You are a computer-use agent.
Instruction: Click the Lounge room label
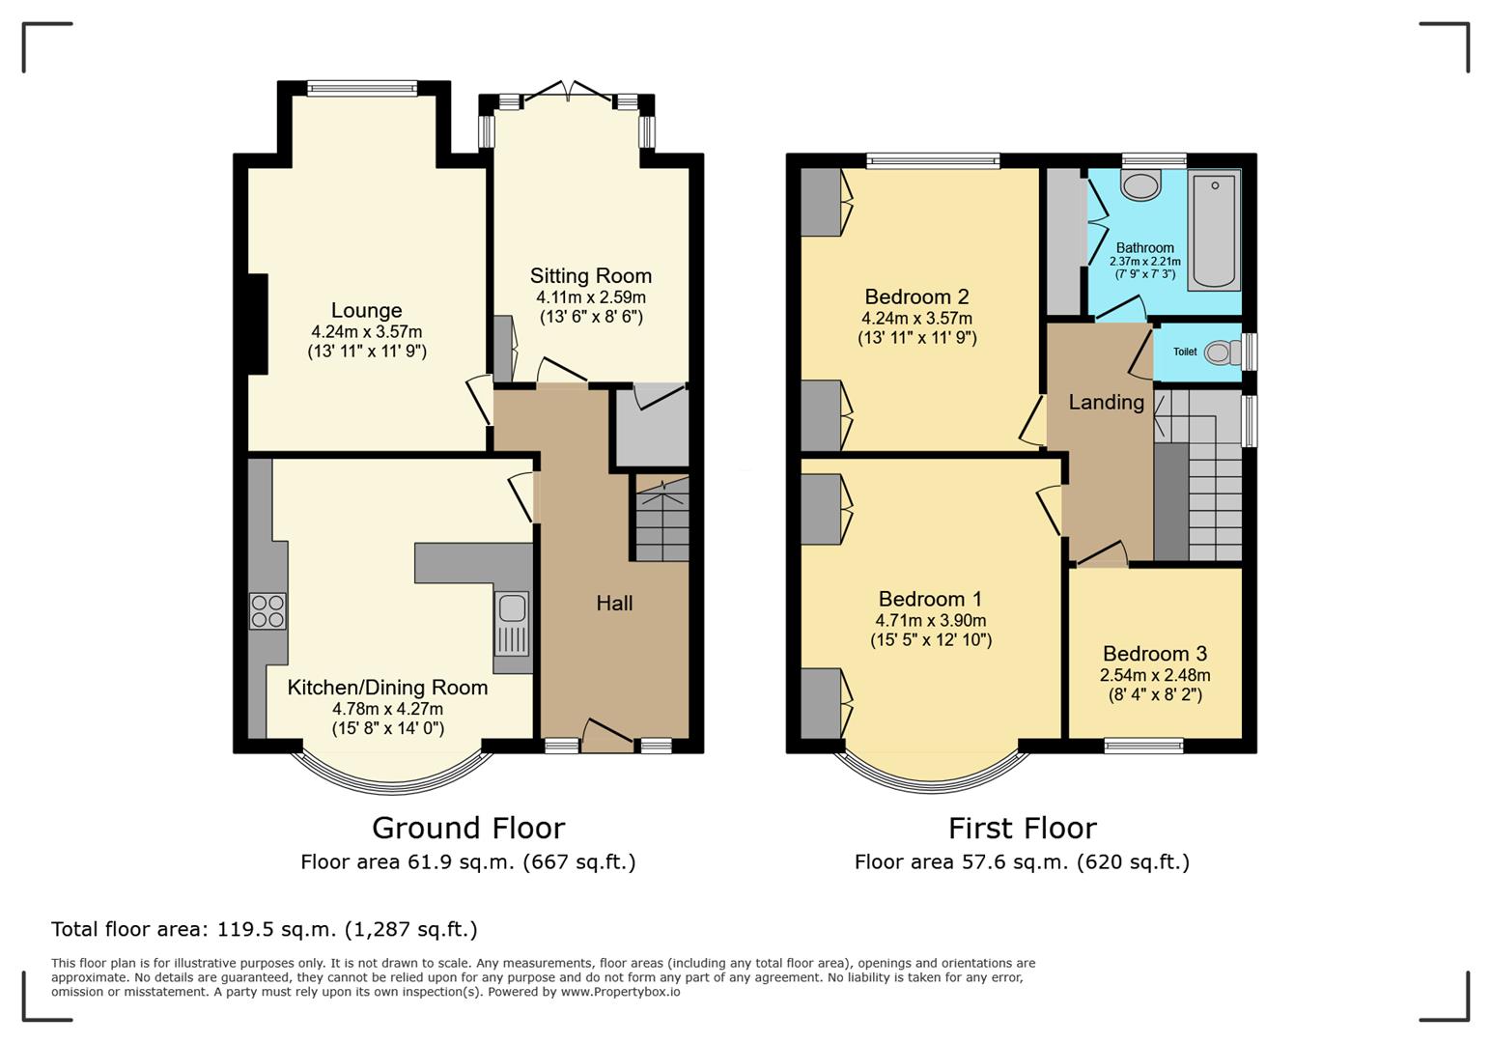coord(366,310)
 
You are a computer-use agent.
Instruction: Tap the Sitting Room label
coord(590,276)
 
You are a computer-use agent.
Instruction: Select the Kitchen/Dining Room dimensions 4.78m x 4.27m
coord(387,709)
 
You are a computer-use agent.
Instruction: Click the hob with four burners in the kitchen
coord(267,610)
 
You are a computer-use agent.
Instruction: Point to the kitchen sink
coord(512,608)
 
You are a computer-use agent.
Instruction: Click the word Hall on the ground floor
coord(614,604)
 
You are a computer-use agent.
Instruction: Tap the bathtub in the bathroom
coord(1214,230)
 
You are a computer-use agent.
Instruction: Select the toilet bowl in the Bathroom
coord(1140,184)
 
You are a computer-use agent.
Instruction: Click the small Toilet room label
coord(1185,352)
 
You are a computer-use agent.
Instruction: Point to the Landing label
coord(1106,402)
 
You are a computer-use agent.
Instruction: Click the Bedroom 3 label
coord(1155,654)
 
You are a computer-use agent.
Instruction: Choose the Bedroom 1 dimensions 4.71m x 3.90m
coord(931,620)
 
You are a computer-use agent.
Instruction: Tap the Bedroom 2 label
coord(916,296)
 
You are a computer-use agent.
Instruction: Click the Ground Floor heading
coord(468,829)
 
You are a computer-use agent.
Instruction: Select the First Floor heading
coord(1022,829)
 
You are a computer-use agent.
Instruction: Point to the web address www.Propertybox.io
coord(620,992)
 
